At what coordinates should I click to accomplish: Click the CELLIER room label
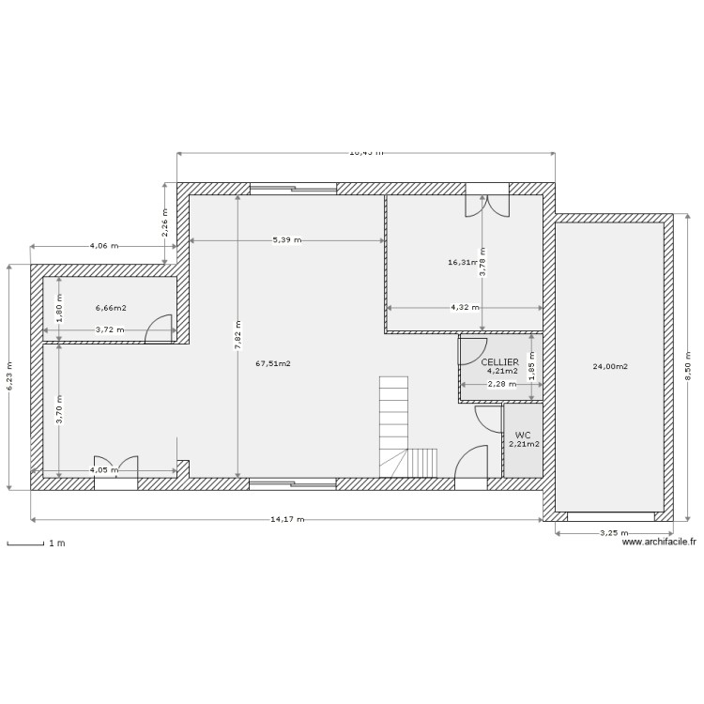coord(499,361)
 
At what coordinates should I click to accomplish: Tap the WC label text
coord(523,435)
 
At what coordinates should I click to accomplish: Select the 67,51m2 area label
coord(272,363)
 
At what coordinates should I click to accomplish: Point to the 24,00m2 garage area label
coord(610,366)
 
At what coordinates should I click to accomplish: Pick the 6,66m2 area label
coord(111,307)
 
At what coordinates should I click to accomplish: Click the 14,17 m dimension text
coord(286,518)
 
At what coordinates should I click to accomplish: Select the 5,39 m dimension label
coord(287,240)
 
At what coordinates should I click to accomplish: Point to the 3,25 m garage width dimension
coord(614,533)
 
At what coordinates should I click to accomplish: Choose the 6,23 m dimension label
coord(9,376)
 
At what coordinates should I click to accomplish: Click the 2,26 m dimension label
coord(165,223)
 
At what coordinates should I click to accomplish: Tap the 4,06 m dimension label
coord(104,246)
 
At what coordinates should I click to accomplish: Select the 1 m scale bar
coord(25,543)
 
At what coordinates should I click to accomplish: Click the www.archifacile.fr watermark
coord(659,542)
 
